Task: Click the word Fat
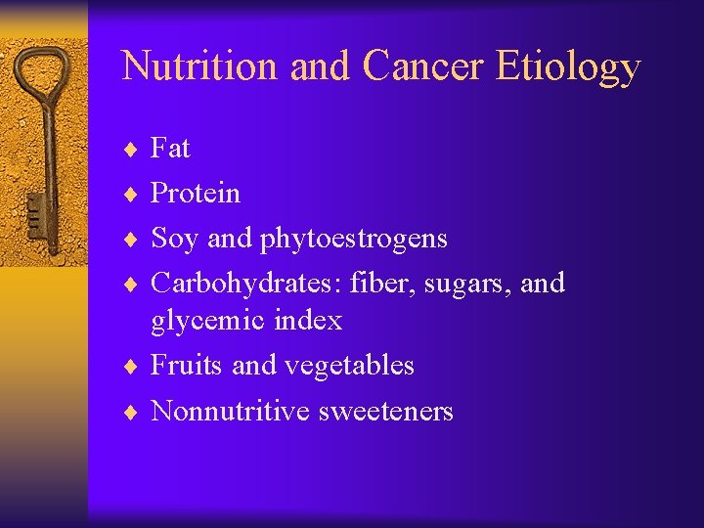click(x=170, y=149)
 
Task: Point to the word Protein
click(x=195, y=193)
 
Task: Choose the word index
click(x=308, y=320)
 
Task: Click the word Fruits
click(x=187, y=365)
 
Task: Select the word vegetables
click(x=349, y=366)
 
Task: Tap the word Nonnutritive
click(x=231, y=411)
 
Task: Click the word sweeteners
click(x=386, y=412)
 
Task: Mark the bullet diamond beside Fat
click(x=134, y=150)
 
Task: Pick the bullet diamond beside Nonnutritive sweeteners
click(x=134, y=412)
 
